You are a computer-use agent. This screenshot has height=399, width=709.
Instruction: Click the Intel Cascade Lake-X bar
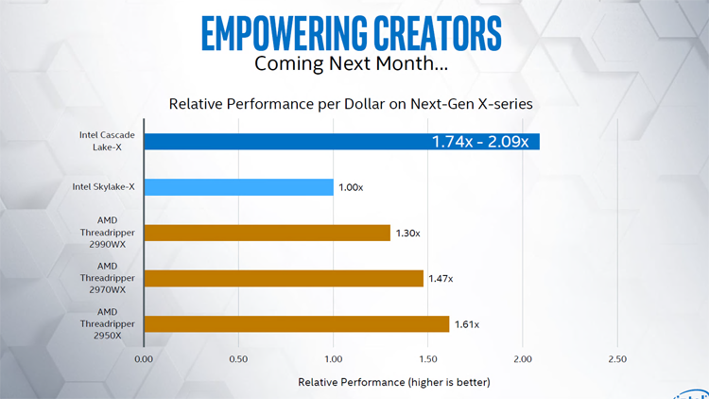point(284,142)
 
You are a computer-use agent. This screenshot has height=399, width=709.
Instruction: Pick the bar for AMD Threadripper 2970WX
point(283,278)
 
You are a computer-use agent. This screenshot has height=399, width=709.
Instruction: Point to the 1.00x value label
point(350,187)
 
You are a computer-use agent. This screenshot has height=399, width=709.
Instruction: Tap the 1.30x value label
point(406,233)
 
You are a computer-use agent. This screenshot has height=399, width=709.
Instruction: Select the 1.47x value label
point(440,278)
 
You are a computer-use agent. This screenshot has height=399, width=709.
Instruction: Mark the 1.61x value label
point(466,323)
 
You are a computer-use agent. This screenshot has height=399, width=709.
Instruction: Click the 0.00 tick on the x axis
point(144,359)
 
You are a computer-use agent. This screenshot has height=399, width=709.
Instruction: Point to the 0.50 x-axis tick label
point(238,359)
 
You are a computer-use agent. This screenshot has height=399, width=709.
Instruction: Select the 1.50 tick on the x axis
point(427,359)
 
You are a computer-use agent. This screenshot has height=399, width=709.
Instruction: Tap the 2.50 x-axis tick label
point(616,359)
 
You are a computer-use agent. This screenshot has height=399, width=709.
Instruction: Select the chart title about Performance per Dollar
point(350,103)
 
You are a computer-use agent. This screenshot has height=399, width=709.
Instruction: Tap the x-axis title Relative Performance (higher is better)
point(394,382)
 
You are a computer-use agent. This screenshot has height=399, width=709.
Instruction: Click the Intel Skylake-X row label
point(104,187)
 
